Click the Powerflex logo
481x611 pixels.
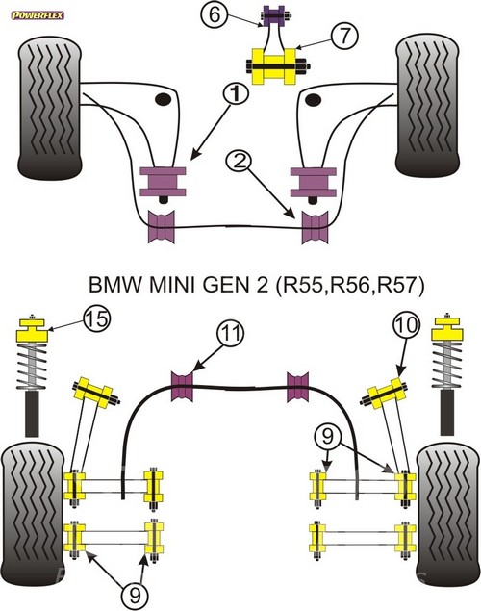click(x=38, y=15)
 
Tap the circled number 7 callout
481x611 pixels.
click(x=344, y=36)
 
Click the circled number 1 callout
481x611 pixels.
click(x=236, y=94)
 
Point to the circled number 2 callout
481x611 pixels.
click(x=239, y=162)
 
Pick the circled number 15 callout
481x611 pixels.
click(x=96, y=319)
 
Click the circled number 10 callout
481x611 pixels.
click(x=407, y=325)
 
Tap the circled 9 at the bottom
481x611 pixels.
click(x=135, y=596)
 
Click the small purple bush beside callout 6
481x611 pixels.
click(x=274, y=16)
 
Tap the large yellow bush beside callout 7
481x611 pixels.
click(x=274, y=65)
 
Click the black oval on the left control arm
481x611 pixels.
click(x=164, y=99)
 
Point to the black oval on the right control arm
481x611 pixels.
click(x=314, y=100)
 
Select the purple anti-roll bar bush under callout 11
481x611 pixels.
click(x=182, y=386)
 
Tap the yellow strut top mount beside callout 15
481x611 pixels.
click(x=32, y=330)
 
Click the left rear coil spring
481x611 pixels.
click(x=32, y=366)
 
